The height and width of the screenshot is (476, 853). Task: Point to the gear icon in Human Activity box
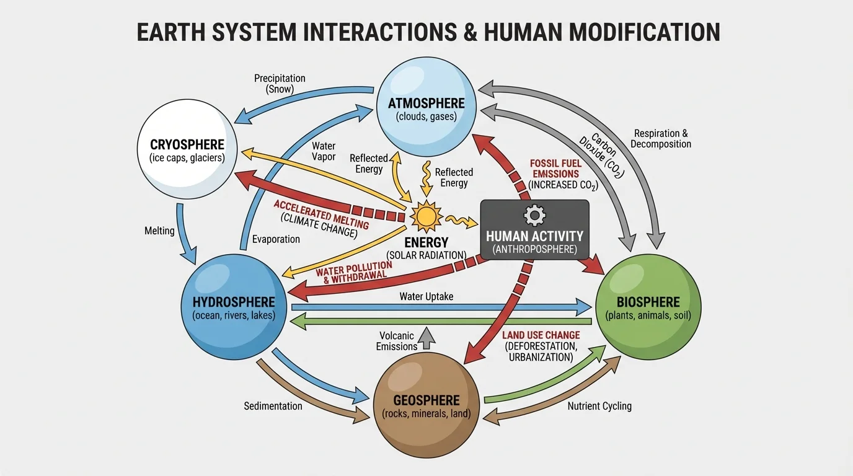[x=534, y=215]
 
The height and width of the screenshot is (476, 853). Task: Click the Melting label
[x=159, y=231]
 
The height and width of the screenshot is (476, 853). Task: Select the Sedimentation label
[x=273, y=406]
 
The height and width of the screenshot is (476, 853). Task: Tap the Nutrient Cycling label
[x=599, y=406]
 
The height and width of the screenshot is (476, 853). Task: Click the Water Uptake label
[x=427, y=296]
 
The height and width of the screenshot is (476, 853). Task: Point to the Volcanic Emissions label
[x=397, y=342]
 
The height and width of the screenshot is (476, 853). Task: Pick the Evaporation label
[x=276, y=239]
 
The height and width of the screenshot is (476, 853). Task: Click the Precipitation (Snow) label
[x=280, y=84]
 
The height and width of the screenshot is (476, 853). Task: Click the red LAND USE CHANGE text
[x=541, y=335]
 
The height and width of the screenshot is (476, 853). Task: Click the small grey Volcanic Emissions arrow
[x=426, y=337]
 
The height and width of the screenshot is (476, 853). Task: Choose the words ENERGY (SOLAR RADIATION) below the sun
[x=427, y=248]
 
